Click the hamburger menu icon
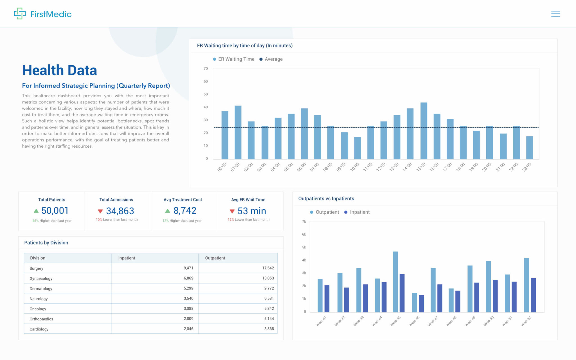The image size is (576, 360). pos(555,14)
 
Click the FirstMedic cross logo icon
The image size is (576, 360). pos(20,13)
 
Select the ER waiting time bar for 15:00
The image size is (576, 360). pos(424,131)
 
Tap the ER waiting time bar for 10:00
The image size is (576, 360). pos(357,148)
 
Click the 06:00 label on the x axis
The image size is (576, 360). pos(301,167)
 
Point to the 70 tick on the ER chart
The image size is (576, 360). pos(206,69)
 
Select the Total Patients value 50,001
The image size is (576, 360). pos(55,211)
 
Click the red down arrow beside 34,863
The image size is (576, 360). pos(100,211)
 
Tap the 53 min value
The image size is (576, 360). pos(251,211)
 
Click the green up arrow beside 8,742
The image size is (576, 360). pos(168,211)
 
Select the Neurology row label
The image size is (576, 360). pos(39,299)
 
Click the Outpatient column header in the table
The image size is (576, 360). pos(215,258)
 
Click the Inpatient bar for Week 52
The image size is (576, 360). pos(533,295)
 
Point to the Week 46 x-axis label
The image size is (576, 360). pos(414,321)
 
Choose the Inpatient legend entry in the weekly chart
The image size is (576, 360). pos(357,212)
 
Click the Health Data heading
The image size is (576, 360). pos(60,70)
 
